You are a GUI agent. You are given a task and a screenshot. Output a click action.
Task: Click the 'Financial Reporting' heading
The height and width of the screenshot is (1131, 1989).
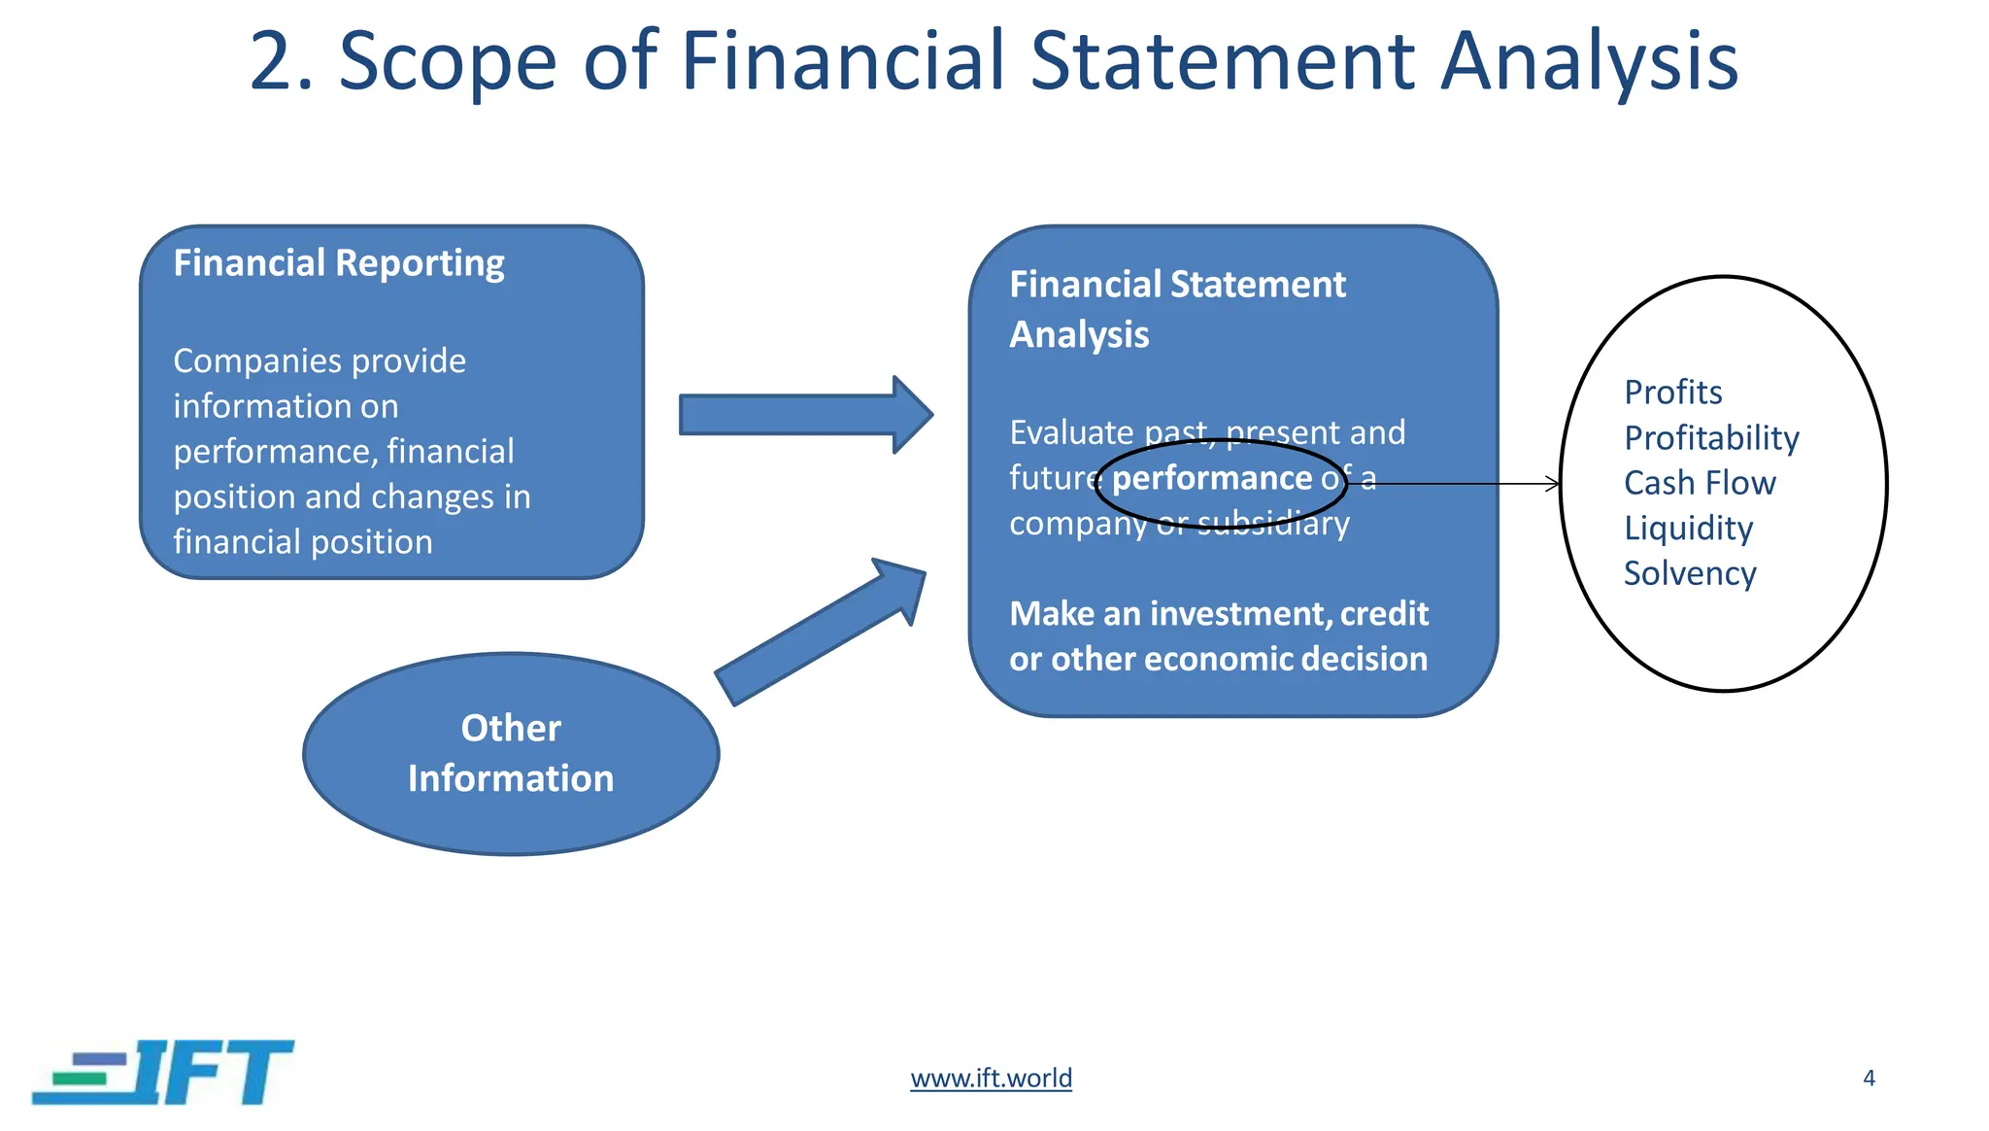338,263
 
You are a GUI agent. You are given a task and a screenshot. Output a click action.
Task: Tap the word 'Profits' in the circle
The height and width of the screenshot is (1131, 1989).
1672,393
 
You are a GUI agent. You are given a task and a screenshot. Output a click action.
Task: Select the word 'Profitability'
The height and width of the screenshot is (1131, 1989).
1711,438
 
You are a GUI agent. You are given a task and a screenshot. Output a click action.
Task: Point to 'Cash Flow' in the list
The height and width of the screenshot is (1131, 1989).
1699,483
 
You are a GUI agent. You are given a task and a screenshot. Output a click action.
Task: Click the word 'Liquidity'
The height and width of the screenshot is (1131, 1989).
1688,529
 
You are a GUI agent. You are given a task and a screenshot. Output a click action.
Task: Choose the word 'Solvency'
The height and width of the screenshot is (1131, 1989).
1689,573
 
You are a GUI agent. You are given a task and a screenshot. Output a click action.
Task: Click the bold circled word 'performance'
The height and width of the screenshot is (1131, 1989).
1212,478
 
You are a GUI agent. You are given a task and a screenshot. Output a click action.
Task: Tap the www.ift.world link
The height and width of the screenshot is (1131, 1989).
991,1078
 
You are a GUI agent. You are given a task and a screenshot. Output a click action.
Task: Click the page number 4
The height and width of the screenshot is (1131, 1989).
1869,1078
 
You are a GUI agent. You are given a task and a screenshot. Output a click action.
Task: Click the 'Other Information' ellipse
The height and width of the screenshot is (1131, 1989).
511,753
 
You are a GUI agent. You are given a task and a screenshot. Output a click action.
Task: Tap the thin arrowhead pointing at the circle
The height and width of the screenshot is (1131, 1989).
1552,484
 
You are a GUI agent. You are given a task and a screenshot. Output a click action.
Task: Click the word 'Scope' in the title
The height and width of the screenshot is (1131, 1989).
447,60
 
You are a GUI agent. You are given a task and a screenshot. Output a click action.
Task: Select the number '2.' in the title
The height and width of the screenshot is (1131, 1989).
282,60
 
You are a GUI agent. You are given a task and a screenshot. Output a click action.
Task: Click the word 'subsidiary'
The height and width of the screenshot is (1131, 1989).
1272,524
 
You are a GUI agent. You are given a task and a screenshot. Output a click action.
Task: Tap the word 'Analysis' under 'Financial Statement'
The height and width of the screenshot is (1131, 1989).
1078,335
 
